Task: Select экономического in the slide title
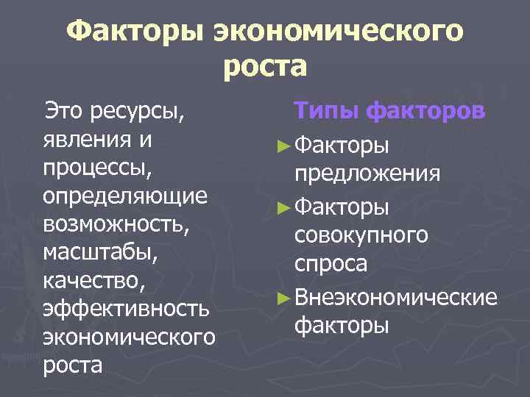pyautogui.click(x=339, y=32)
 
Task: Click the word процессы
pyautogui.click(x=96, y=170)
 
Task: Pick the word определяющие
pyautogui.click(x=124, y=198)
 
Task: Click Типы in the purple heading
pyautogui.click(x=326, y=112)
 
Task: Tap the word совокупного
pyautogui.click(x=361, y=235)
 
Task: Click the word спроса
pyautogui.click(x=331, y=263)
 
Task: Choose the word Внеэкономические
pyautogui.click(x=395, y=296)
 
